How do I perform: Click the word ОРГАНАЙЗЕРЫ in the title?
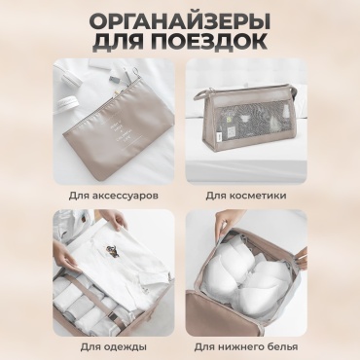pos(180,21)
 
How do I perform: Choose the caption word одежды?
pos(126,347)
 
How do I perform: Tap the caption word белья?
pos(281,347)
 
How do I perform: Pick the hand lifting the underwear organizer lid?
pos(227,221)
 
